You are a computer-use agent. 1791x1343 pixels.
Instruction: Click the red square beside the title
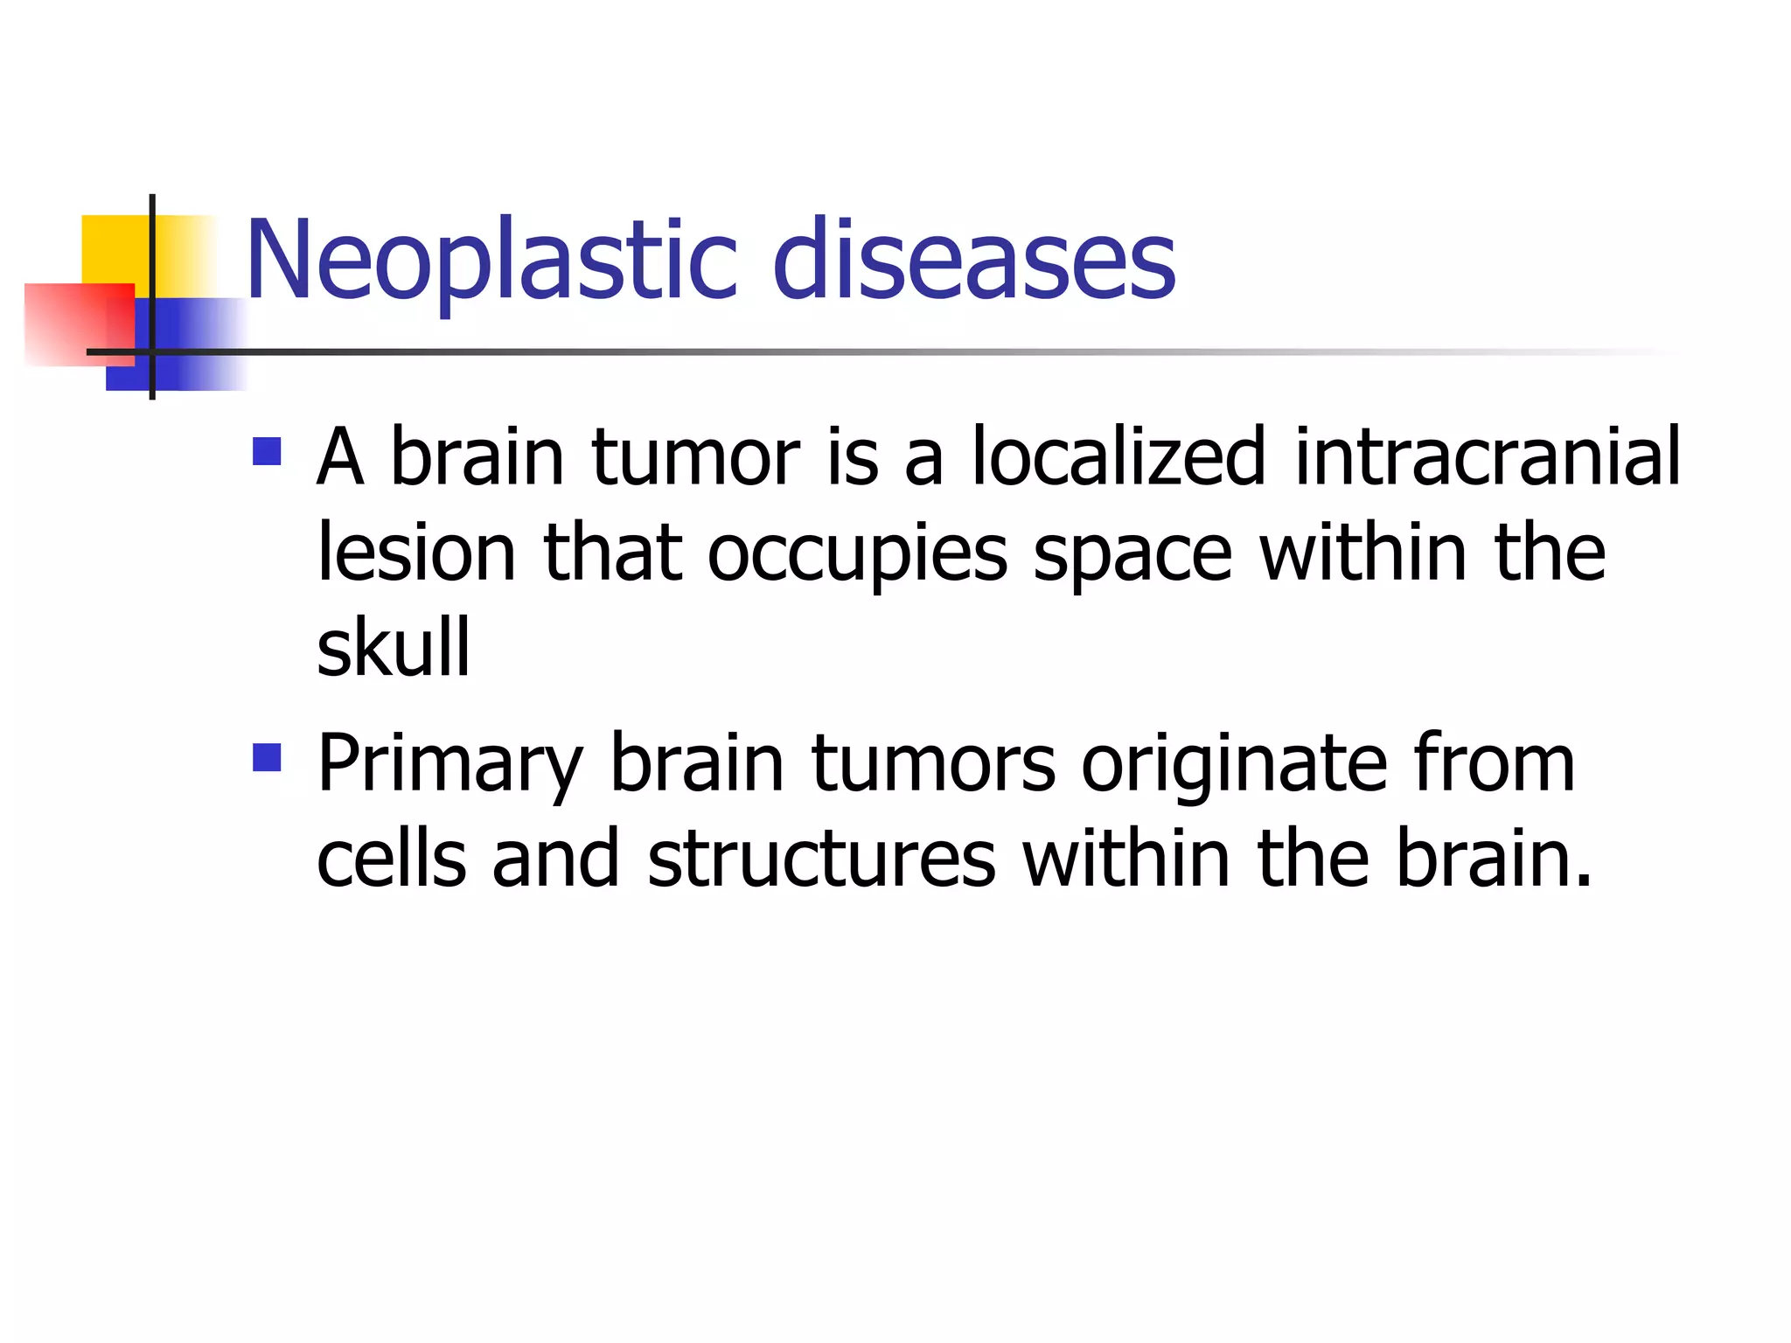[79, 324]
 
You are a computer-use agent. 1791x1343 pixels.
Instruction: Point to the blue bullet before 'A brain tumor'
[267, 451]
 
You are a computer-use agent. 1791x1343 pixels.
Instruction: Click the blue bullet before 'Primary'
[267, 757]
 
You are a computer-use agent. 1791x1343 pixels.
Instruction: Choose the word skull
[394, 648]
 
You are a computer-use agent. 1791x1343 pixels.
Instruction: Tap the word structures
[821, 859]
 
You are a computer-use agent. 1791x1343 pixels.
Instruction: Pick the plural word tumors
[933, 764]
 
